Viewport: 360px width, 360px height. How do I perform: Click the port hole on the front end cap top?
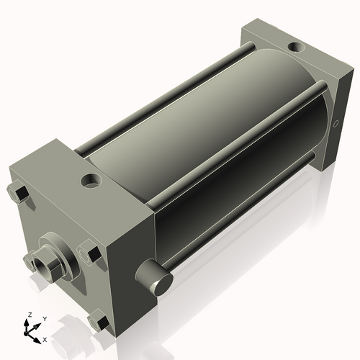coord(92,179)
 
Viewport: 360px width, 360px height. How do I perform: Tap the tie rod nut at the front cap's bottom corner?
coord(98,321)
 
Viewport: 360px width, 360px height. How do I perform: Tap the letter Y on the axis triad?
coord(44,318)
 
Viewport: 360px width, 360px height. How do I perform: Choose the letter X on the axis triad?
coord(45,338)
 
